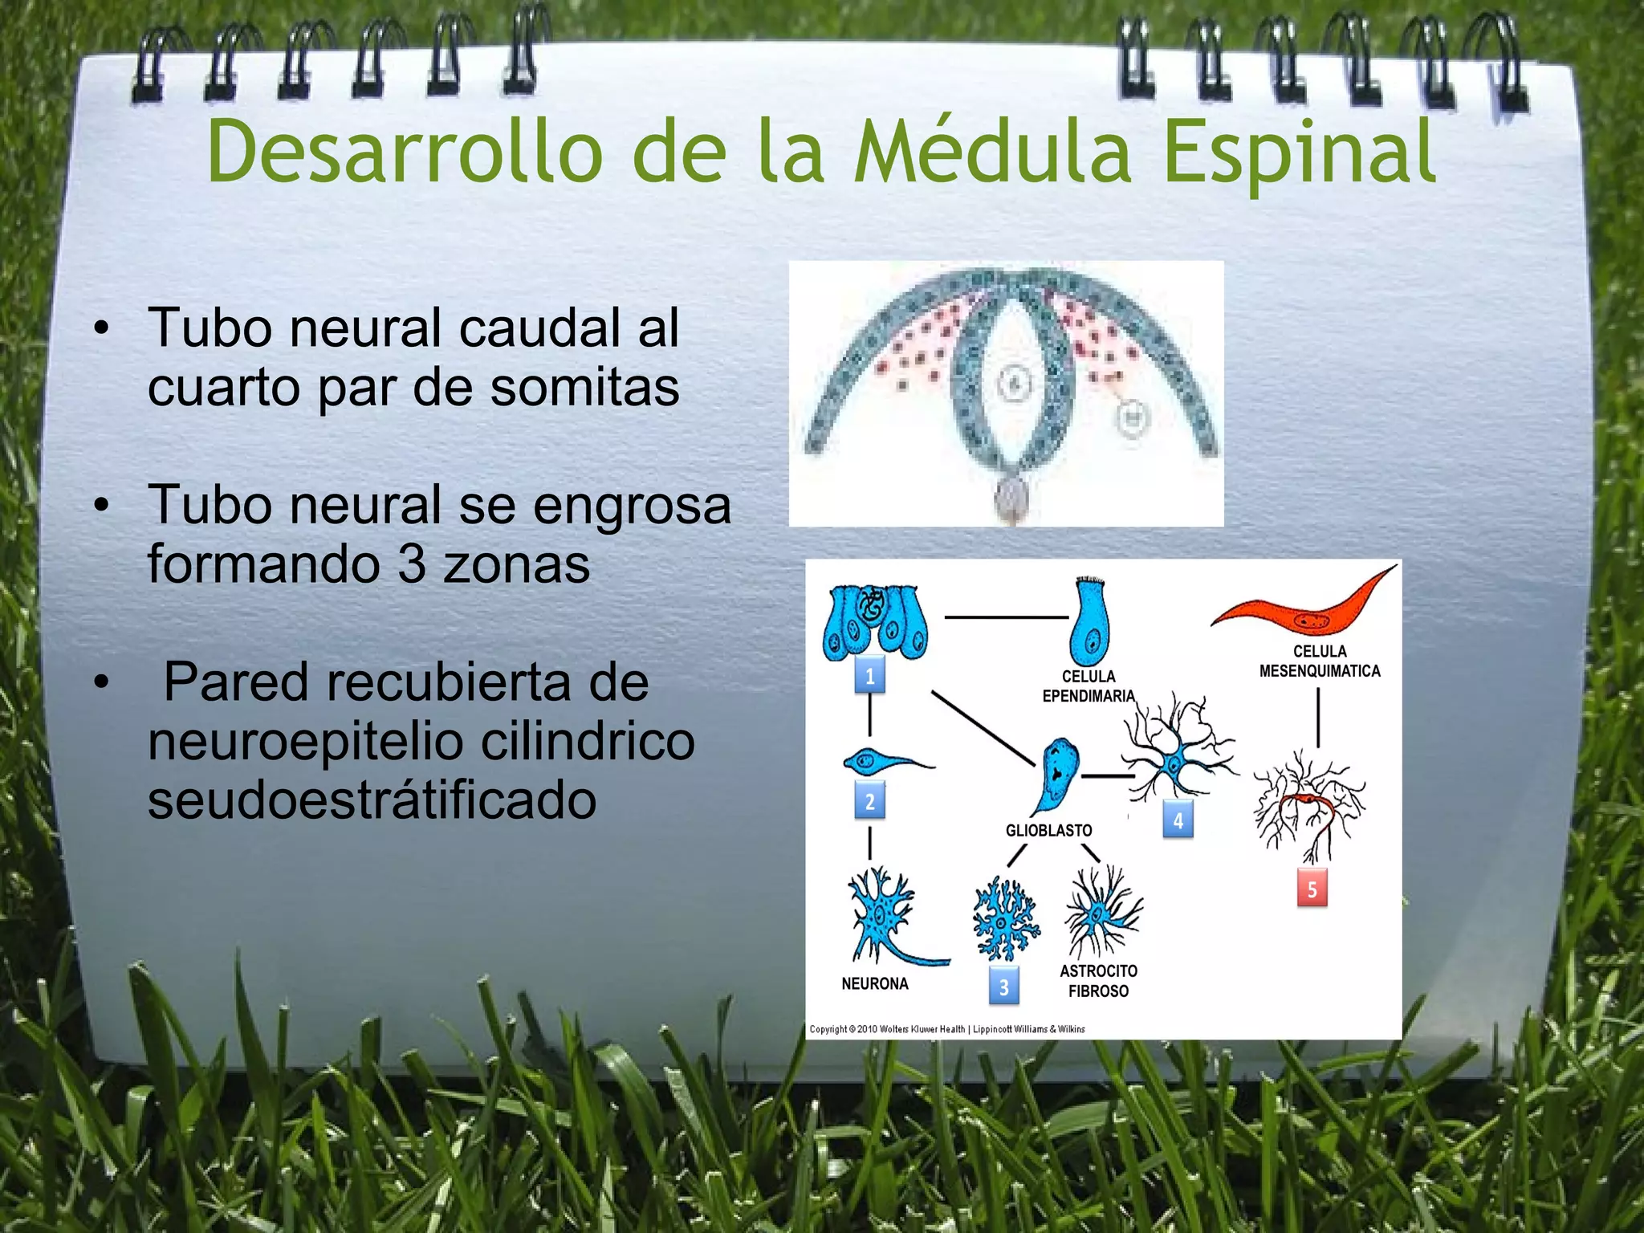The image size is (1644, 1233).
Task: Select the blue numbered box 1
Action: [869, 675]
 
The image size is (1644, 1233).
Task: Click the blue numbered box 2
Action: [869, 800]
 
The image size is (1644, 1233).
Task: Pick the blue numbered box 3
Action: [1003, 987]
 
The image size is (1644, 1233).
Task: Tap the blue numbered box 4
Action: [1178, 820]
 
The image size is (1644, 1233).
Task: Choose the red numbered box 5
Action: [1312, 889]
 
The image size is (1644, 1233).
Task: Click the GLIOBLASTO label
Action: [1048, 830]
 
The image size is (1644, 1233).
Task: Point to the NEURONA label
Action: [874, 983]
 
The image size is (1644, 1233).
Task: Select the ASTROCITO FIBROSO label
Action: [1098, 980]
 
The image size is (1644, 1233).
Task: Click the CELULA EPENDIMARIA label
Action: [1089, 686]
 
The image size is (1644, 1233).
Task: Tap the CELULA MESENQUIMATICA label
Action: [1319, 661]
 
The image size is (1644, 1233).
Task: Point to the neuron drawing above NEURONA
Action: [883, 915]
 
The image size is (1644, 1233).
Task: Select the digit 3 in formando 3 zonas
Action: [412, 564]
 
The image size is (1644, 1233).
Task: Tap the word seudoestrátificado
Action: [372, 800]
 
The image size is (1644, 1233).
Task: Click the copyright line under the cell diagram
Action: [947, 1028]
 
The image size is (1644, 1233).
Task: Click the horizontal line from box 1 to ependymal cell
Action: [1006, 616]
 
